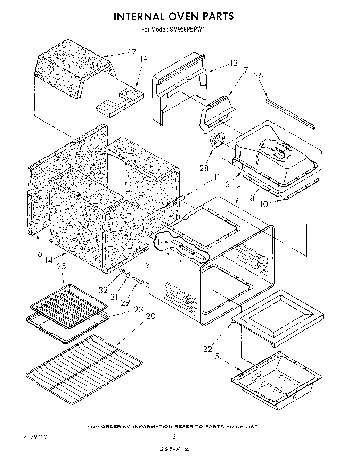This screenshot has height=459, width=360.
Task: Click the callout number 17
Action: (x=132, y=53)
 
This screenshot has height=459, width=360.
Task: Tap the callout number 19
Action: (x=143, y=59)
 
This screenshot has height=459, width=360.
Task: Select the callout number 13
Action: (x=234, y=62)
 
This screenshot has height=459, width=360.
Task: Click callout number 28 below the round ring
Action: (x=204, y=168)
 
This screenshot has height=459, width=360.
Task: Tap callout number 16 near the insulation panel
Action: (x=38, y=254)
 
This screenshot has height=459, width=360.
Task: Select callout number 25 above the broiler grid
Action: (x=61, y=267)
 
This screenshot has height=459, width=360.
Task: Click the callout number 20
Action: (x=151, y=316)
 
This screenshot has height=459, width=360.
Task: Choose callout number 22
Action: (x=207, y=349)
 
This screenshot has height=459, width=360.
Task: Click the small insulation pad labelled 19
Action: (x=120, y=101)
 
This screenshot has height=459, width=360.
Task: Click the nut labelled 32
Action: (x=122, y=271)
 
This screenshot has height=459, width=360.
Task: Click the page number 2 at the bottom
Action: (x=174, y=436)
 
